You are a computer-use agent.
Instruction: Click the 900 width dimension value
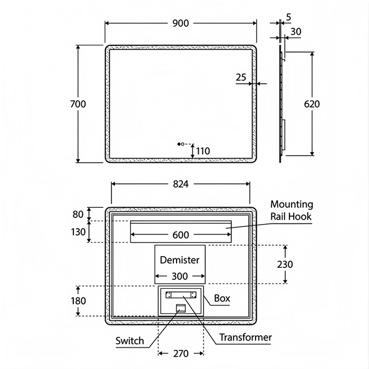coord(180,23)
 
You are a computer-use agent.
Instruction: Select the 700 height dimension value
coord(77,104)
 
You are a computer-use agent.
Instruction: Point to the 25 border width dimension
coord(241,77)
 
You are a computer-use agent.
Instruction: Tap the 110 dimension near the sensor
coord(202,151)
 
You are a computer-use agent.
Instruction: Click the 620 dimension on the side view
coord(312,104)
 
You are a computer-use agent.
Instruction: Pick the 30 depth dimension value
coord(296,32)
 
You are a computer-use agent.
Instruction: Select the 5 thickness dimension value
coord(288,17)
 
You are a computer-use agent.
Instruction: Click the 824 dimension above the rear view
coord(180,184)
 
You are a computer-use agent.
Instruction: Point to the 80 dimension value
coord(77,214)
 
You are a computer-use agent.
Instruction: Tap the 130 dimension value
coord(77,231)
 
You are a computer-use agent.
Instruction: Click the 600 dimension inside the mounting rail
coord(180,235)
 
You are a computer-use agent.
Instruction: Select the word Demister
coord(180,260)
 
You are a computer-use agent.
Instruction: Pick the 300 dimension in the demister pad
coord(180,276)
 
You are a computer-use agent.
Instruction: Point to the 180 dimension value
coord(77,300)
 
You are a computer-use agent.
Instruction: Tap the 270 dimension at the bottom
coord(180,354)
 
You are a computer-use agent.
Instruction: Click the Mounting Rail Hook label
coord(292,210)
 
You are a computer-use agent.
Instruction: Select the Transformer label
coord(245,337)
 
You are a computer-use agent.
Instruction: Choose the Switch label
coord(130,341)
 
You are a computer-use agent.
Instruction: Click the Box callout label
coord(222,298)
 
